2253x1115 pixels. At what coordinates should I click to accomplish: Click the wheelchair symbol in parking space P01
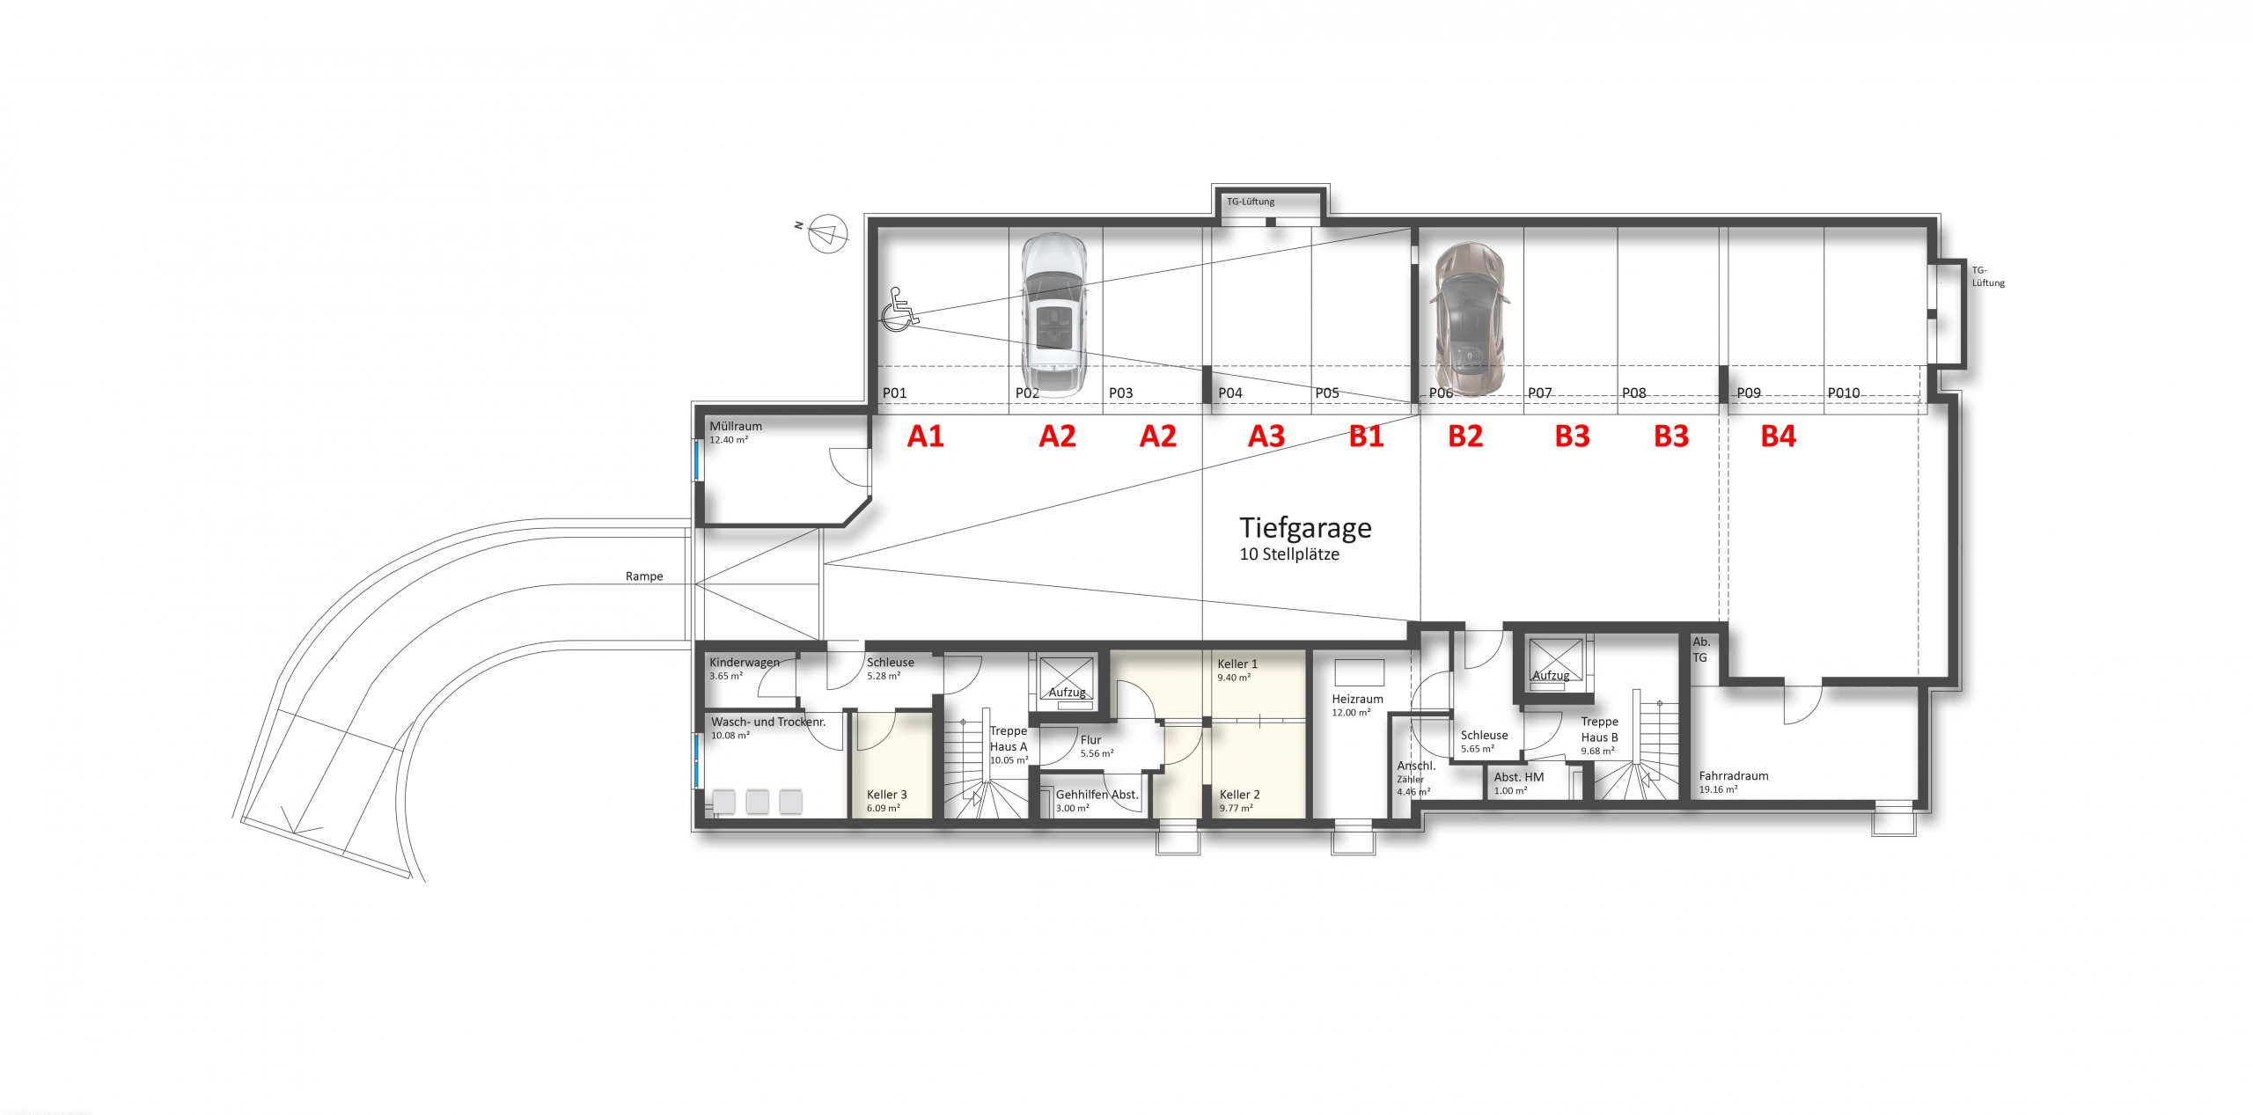point(898,310)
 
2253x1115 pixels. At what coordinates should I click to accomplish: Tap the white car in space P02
point(1053,313)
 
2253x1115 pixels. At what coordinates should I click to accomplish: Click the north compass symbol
point(827,233)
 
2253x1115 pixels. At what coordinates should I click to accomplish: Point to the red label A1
point(925,436)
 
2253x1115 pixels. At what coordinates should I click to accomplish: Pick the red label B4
point(1778,436)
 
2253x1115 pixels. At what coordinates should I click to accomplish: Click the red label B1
point(1366,436)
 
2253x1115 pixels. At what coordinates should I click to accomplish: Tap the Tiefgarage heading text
point(1305,528)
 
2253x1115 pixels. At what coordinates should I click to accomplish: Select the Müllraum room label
point(736,427)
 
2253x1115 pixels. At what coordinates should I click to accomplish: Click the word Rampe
point(644,576)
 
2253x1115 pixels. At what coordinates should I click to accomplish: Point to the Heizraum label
point(1357,700)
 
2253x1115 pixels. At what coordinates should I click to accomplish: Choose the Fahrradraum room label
point(1733,776)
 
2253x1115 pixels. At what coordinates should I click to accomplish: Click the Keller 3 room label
point(886,795)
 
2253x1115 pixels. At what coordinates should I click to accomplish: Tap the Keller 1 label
point(1237,664)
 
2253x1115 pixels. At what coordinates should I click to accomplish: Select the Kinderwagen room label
point(744,663)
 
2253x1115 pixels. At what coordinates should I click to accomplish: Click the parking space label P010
point(1843,393)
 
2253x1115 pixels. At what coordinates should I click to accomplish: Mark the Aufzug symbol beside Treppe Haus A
point(1067,678)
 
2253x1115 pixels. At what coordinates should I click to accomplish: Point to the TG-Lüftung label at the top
point(1251,202)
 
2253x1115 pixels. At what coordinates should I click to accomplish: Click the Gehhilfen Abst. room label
point(1097,795)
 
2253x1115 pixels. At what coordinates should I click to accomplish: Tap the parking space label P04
point(1229,393)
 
